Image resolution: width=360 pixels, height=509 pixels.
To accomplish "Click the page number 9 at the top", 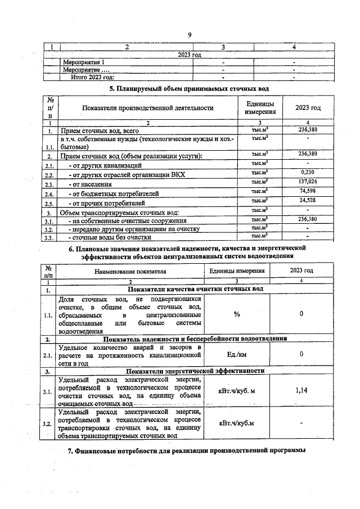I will click(190, 35).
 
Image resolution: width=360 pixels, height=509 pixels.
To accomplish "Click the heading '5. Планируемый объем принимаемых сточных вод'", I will click(188, 89).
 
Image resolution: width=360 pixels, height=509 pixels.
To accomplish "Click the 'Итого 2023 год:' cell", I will click(92, 77).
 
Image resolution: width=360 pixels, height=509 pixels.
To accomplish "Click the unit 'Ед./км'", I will click(237, 354).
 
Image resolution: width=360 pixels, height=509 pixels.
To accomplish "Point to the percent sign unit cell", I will click(237, 314).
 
